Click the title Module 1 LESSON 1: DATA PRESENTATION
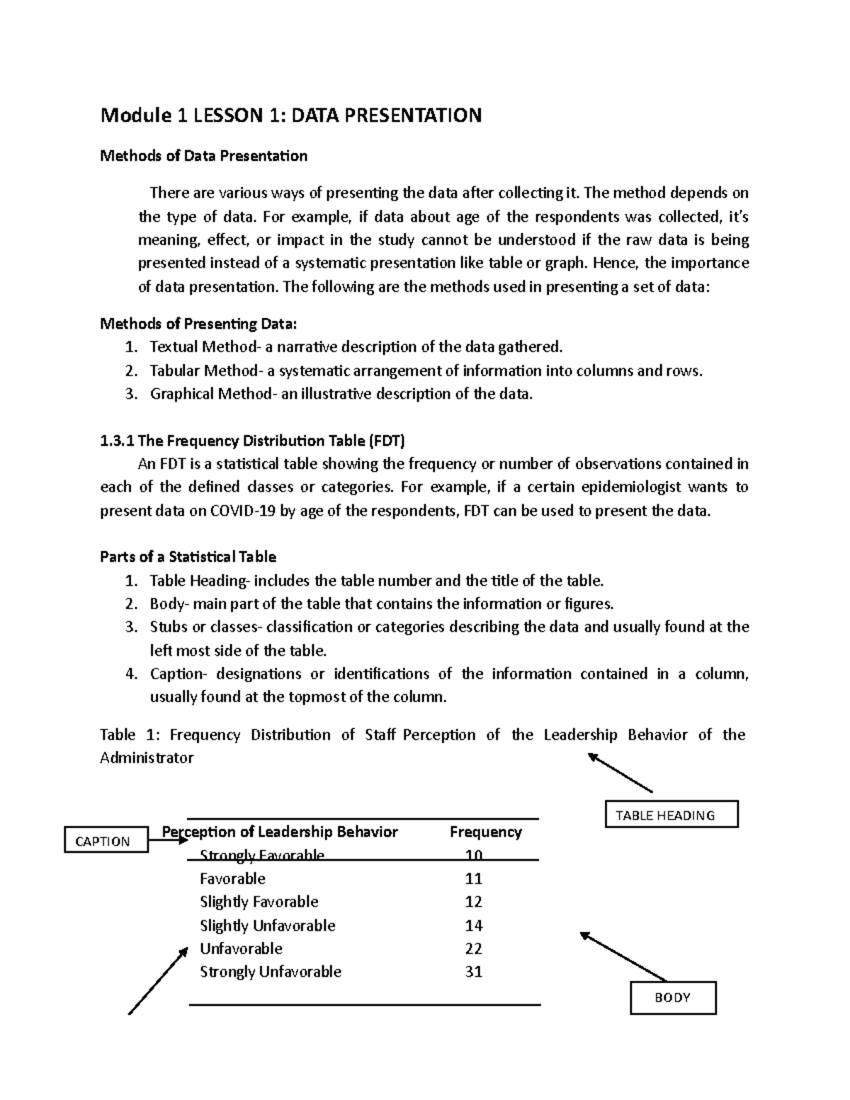click(290, 115)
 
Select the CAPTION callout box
click(106, 841)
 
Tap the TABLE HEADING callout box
click(671, 815)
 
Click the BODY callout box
click(672, 997)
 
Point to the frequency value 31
click(473, 972)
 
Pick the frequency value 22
click(473, 948)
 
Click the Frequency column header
click(485, 832)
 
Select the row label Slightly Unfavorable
click(267, 925)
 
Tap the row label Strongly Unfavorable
click(270, 972)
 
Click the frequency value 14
click(473, 925)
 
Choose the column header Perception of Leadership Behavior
click(280, 832)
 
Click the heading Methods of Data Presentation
click(203, 156)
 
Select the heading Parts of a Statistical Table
click(188, 557)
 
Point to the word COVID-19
click(244, 511)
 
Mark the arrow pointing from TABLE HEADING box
click(620, 773)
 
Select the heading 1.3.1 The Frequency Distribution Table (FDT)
click(252, 441)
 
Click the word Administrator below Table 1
click(147, 758)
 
